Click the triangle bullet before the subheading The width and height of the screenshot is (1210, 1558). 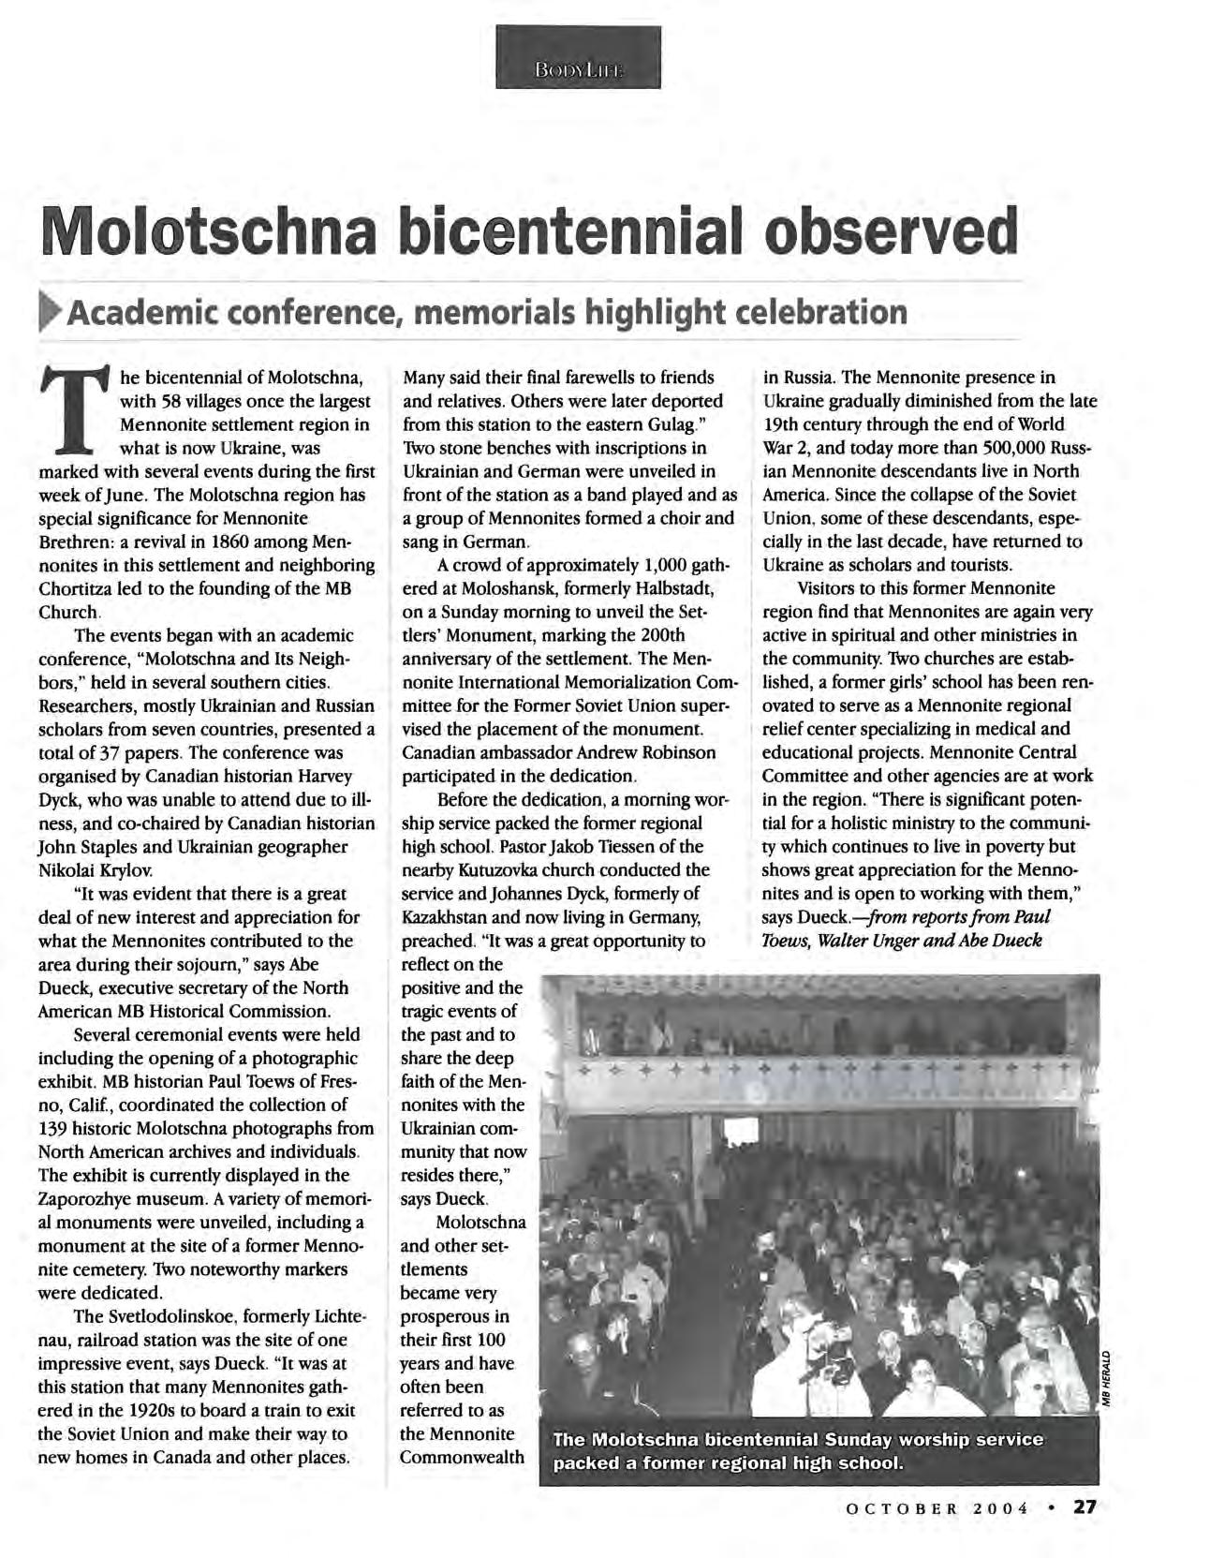click(51, 311)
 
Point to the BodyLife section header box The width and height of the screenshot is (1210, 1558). click(578, 58)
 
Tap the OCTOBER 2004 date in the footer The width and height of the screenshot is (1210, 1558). click(937, 1508)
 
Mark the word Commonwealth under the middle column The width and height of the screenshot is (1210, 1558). click(462, 1458)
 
